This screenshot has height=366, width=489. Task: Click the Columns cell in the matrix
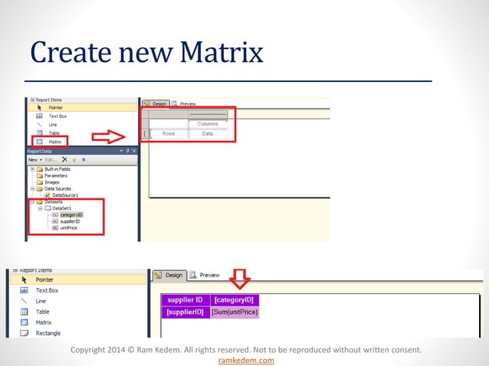(x=208, y=124)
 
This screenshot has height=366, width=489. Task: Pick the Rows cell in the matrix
(x=168, y=133)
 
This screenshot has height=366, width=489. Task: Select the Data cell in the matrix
(x=208, y=133)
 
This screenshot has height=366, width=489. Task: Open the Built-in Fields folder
(x=58, y=168)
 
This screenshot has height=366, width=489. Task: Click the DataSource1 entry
(x=65, y=195)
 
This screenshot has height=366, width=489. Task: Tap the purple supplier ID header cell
(x=185, y=300)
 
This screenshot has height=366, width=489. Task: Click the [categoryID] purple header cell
(x=235, y=300)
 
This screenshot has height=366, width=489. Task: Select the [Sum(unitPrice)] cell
(x=235, y=312)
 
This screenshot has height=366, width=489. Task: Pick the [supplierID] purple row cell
(x=185, y=312)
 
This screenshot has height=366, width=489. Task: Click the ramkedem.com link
(x=246, y=360)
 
